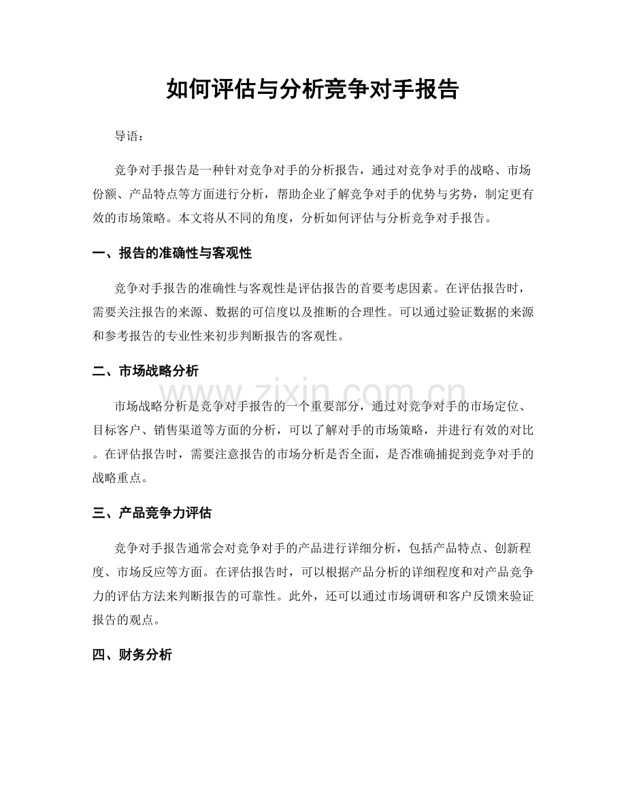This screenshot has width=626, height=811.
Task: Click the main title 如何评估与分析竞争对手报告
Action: (x=312, y=89)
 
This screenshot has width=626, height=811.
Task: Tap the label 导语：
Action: (x=129, y=136)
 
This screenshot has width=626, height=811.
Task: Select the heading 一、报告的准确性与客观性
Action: (x=172, y=254)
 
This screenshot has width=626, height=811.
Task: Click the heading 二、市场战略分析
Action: (x=146, y=371)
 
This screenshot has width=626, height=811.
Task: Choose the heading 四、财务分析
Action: (x=132, y=655)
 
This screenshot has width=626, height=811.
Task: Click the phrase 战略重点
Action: (x=118, y=480)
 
